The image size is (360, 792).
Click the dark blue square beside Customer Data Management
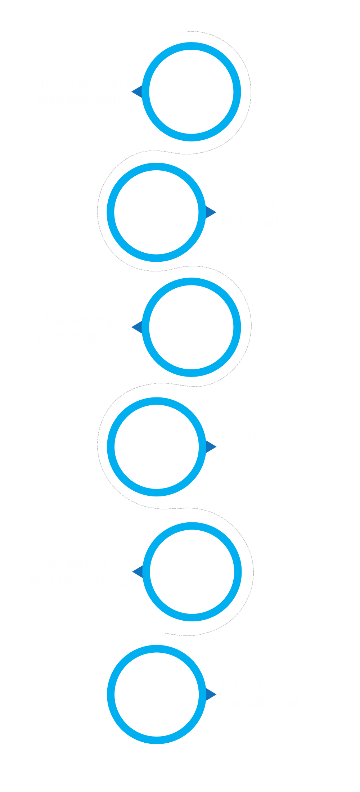click(x=136, y=91)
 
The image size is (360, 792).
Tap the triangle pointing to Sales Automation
click(x=210, y=212)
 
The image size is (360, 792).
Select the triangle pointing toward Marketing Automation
click(x=137, y=327)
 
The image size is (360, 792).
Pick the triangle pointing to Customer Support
click(x=211, y=447)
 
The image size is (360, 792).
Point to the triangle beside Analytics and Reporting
click(x=138, y=571)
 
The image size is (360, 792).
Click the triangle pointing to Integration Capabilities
click(x=211, y=694)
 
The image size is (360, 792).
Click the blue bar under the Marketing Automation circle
click(x=191, y=373)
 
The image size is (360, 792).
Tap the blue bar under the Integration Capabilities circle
click(x=157, y=741)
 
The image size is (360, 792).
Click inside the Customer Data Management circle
click(x=191, y=91)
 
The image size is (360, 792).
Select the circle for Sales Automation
click(x=156, y=212)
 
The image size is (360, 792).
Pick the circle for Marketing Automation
click(x=191, y=327)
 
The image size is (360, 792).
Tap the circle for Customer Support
click(x=157, y=447)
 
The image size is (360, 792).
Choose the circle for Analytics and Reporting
click(x=192, y=571)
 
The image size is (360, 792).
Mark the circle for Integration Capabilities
click(x=157, y=694)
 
